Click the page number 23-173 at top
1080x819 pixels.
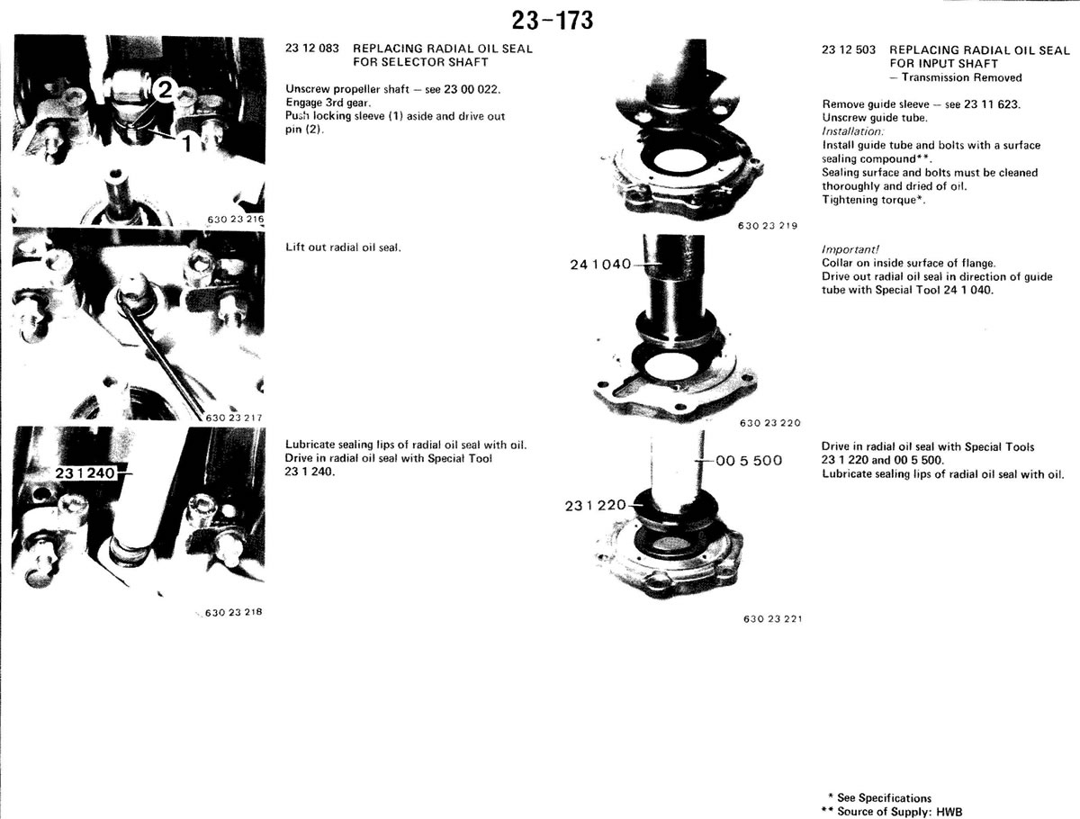[552, 21]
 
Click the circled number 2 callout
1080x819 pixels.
[164, 91]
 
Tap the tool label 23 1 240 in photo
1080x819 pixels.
[85, 473]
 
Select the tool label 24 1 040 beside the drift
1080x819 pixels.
[600, 265]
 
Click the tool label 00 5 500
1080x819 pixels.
[749, 461]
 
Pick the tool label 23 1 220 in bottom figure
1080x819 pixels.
[596, 505]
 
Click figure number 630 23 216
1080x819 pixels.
[235, 220]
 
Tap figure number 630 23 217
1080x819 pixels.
[234, 418]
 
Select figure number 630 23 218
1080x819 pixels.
[234, 612]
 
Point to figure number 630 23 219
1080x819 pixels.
[768, 226]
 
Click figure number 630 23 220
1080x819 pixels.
[770, 423]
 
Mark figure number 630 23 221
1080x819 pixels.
[772, 619]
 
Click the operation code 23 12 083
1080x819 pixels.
[312, 49]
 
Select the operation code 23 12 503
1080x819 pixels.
[849, 49]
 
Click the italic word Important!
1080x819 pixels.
[850, 249]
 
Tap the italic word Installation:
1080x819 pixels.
[852, 131]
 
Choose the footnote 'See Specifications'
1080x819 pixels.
[880, 797]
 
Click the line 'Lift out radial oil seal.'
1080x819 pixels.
[343, 247]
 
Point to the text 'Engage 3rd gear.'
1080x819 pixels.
[328, 103]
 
